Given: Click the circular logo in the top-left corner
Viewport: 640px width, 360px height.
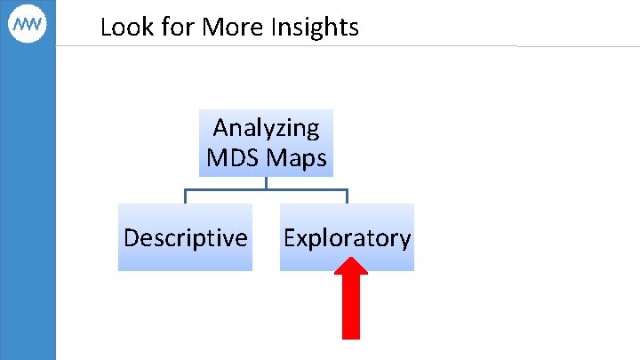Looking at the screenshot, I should pos(28,27).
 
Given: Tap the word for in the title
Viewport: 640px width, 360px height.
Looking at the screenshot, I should pos(172,28).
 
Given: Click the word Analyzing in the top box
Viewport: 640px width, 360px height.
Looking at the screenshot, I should pos(266,128).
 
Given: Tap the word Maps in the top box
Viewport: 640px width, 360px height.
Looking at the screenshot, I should pos(297,159).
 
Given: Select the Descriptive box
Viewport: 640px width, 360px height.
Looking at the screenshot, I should pos(185,237).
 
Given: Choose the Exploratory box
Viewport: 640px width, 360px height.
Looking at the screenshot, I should pos(347,237).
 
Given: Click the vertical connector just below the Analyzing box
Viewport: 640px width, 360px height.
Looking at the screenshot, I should pos(266,182).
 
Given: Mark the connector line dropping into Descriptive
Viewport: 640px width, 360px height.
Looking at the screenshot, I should pos(185,196).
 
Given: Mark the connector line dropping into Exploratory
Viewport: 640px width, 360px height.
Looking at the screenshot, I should pos(347,196).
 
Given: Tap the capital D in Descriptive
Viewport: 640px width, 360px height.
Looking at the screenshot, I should pos(132,238).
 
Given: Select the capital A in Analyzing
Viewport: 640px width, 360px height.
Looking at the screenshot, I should pos(221,128).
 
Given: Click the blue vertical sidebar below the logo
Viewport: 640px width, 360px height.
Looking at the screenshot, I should pos(28,204).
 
